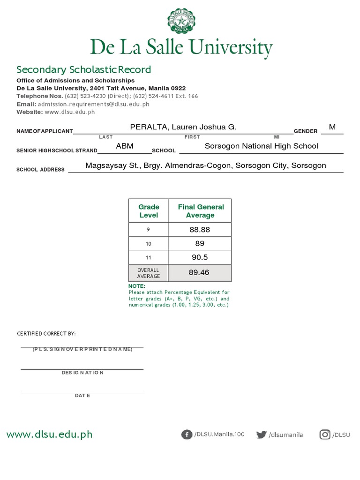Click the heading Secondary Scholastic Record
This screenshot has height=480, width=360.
[84, 70]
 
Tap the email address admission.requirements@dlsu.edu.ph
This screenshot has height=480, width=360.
[94, 104]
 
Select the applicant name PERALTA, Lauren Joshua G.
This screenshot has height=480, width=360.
[183, 127]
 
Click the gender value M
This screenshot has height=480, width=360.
[332, 127]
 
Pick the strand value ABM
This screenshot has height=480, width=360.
[125, 146]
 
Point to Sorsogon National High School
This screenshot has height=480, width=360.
[261, 146]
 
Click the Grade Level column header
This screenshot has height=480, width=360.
[149, 211]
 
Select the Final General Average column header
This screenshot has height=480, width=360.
[200, 211]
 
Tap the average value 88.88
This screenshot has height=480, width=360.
[200, 230]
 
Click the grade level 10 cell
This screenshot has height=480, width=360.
[149, 244]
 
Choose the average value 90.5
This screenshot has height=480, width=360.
[200, 257]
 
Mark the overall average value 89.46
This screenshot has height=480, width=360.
[199, 272]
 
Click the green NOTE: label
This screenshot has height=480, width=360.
[137, 286]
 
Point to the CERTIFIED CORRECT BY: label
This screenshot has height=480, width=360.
[46, 334]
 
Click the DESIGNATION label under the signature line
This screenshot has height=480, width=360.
[82, 373]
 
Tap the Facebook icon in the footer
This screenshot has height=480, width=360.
[187, 435]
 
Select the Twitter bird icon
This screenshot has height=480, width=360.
[261, 435]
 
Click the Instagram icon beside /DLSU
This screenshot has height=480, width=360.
[325, 435]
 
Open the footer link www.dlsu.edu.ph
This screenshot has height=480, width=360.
[49, 435]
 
